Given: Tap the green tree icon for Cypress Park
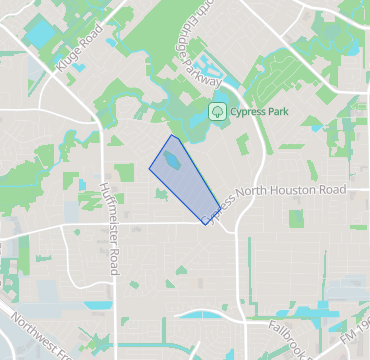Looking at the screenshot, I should pos(216,111).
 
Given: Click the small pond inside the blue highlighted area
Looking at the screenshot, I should pos(172,160).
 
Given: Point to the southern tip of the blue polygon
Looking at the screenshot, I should pos(206,224).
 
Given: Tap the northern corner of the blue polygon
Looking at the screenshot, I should pos(171,136).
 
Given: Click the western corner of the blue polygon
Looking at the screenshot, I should pos(150,169).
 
